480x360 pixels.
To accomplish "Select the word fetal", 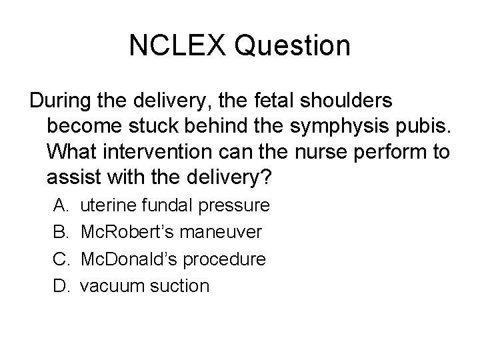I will (x=262, y=101).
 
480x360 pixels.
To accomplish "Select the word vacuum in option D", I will (x=109, y=287).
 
